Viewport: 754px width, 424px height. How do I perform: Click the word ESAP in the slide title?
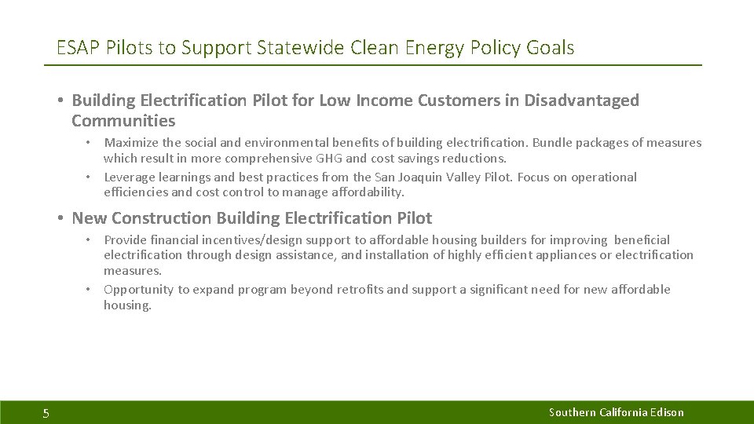(77, 48)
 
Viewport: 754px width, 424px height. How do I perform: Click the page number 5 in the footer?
(46, 414)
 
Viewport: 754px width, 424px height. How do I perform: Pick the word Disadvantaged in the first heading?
(582, 101)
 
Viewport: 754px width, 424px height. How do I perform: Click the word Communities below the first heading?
(123, 121)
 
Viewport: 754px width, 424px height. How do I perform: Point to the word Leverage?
(130, 177)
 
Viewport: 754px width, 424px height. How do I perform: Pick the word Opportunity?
(138, 290)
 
